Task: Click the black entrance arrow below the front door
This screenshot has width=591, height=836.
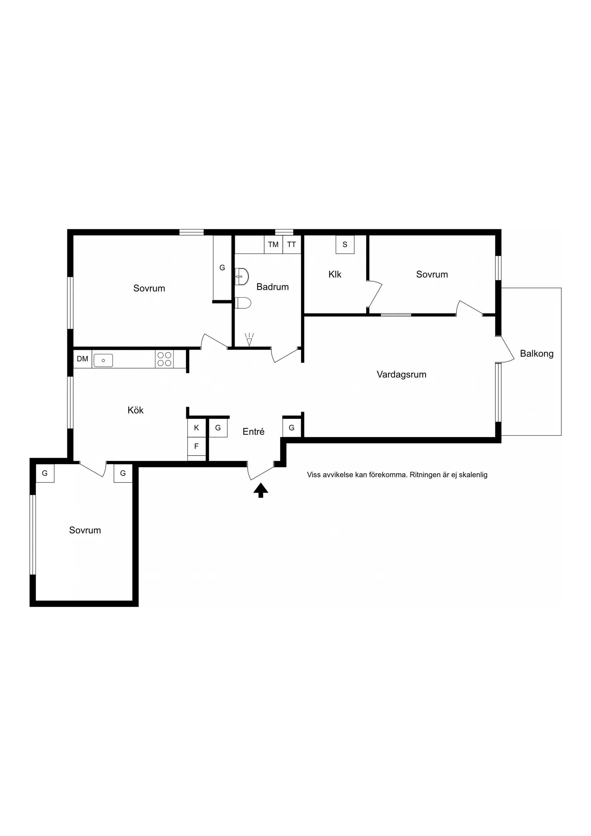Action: pos(261,490)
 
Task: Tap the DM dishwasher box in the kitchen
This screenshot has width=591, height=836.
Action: pos(83,359)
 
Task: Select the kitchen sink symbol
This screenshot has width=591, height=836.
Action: pos(104,360)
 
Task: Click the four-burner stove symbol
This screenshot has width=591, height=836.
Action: pos(164,359)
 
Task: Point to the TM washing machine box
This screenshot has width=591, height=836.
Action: pos(273,245)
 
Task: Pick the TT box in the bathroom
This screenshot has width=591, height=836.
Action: pos(292,245)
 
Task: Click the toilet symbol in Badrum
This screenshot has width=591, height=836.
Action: pos(243,303)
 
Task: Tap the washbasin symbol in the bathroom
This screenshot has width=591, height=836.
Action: pos(241,277)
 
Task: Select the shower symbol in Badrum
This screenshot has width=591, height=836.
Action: pos(249,339)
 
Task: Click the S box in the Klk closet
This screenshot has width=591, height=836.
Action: pos(345,245)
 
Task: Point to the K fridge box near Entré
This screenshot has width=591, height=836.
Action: pos(197,428)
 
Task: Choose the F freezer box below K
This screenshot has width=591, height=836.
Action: pos(197,446)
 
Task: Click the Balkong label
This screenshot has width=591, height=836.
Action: pos(537,354)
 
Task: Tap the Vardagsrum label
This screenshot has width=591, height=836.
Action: pos(401,374)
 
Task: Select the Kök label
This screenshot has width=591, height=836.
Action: pos(135,410)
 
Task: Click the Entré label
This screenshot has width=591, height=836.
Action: pos(254,432)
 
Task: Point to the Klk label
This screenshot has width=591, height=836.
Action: pos(335,274)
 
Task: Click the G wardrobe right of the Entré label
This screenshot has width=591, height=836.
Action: pos(292,428)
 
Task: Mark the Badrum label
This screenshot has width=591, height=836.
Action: pos(272,287)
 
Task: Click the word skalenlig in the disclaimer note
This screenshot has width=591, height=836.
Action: pos(473,475)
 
